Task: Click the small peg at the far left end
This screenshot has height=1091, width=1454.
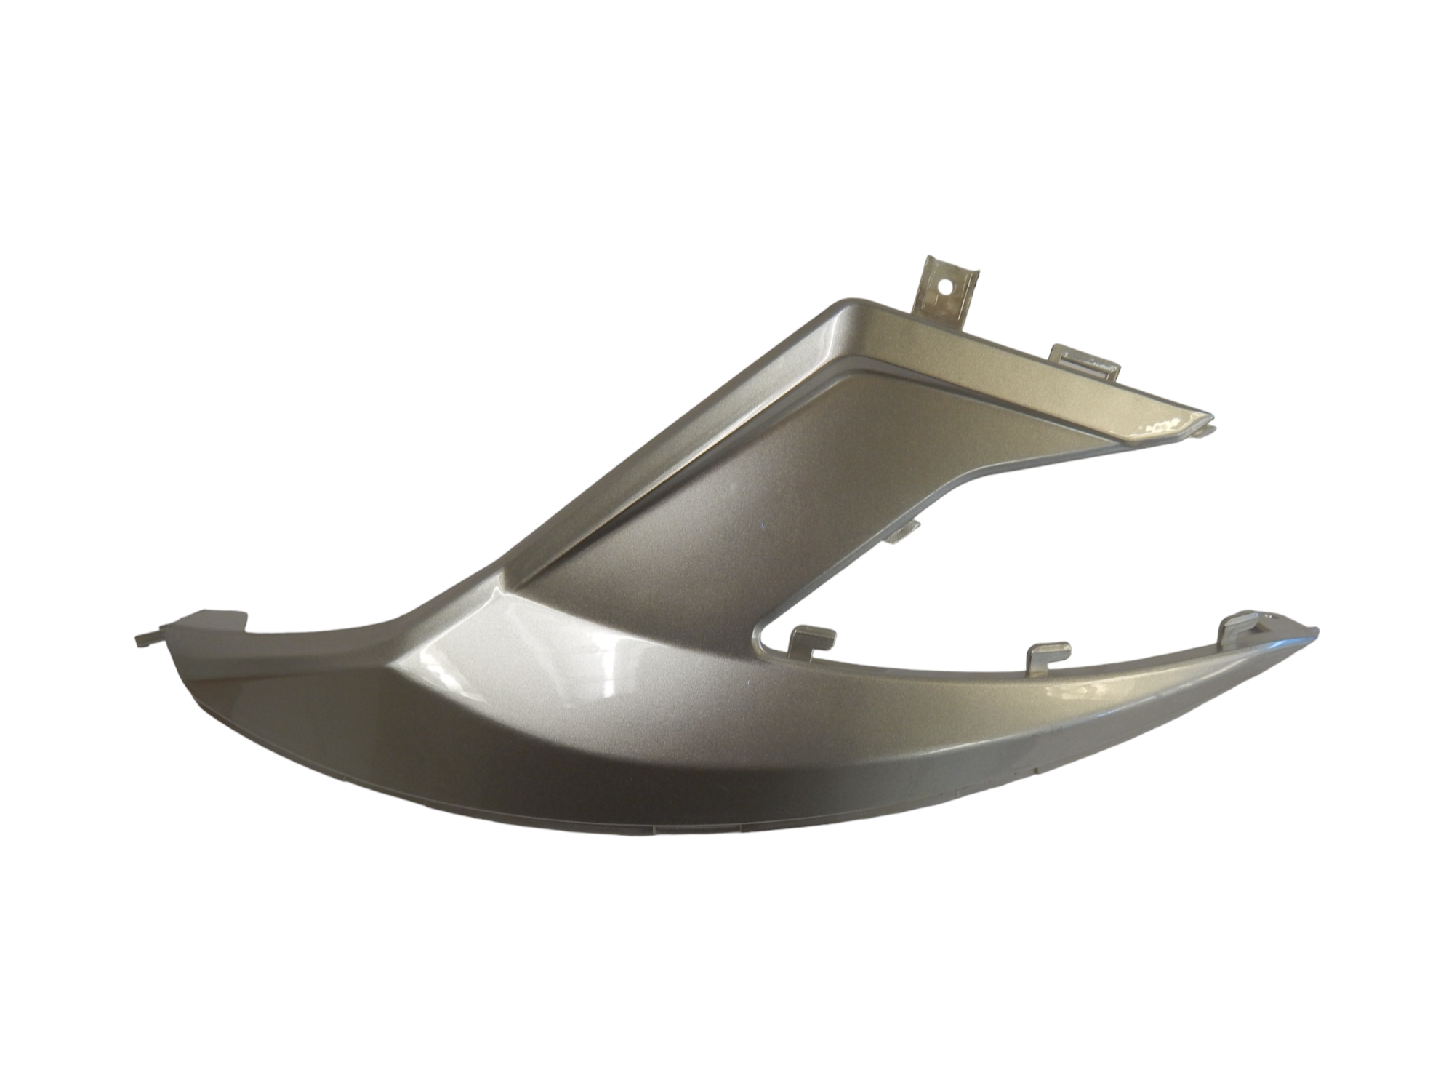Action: point(144,641)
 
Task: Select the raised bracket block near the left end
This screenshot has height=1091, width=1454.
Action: point(214,620)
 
